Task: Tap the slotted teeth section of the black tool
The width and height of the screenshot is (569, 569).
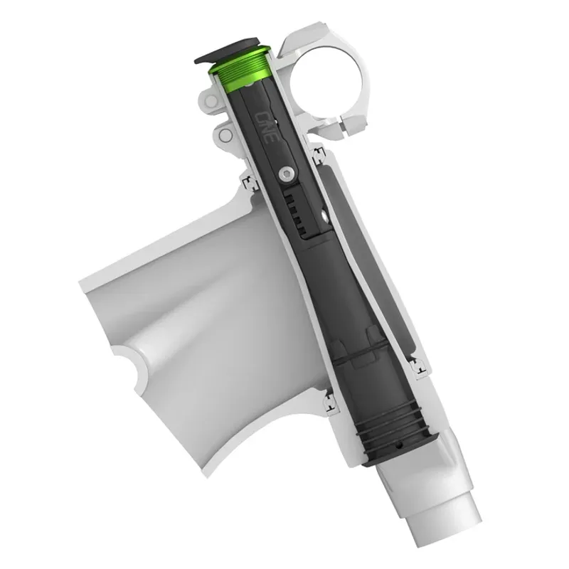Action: tap(298, 209)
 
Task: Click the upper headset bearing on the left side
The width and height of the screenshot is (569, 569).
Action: tap(248, 184)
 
